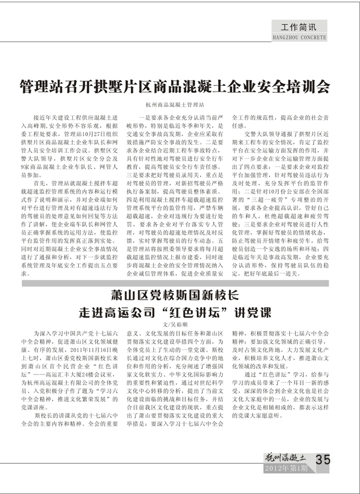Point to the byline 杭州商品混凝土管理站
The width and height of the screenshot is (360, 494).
pyautogui.click(x=178, y=103)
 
